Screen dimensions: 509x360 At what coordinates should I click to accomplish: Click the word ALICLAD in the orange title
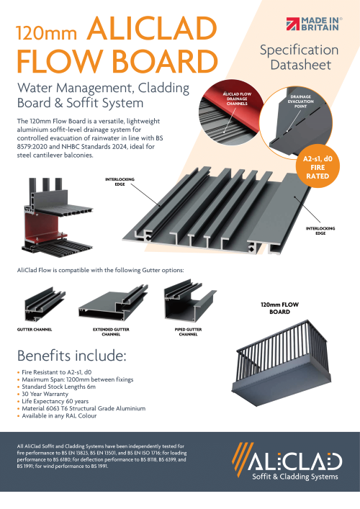coord(150,32)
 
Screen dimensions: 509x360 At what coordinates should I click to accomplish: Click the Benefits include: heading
coord(72,356)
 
